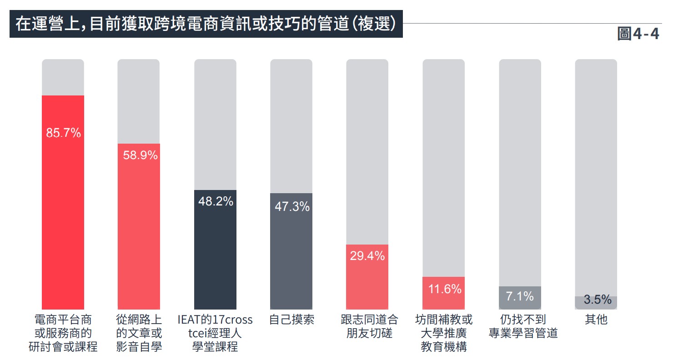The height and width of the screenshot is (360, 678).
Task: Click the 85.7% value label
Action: coord(63,133)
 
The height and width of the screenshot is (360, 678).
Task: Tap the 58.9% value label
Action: coord(140,155)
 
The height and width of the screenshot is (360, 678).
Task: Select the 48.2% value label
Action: coord(216,201)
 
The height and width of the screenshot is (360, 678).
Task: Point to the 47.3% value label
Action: coord(292,207)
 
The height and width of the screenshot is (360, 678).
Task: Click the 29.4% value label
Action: coord(367,256)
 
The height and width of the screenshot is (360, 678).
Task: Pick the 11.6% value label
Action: coord(444,289)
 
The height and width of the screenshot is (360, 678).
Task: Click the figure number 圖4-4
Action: coord(638,34)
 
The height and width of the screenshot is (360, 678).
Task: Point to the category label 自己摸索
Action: coord(291,320)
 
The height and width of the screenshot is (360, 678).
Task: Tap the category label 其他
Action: coord(596,320)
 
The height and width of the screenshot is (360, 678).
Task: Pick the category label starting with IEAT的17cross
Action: coord(215,333)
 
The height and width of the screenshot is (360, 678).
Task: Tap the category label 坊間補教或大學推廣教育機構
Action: coord(444,333)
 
